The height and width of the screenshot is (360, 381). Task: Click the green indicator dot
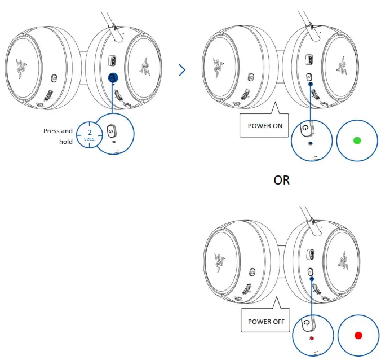[x=356, y=140]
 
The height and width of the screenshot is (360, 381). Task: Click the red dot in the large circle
[x=357, y=335]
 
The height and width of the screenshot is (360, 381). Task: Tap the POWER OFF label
[x=265, y=322]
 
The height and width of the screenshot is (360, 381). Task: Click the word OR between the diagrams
[x=281, y=181]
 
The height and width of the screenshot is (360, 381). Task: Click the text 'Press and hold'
[x=59, y=136]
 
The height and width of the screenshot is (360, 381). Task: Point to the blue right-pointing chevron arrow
[x=181, y=70]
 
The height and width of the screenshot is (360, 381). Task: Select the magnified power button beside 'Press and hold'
[x=111, y=130]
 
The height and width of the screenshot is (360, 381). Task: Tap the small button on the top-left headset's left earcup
[x=54, y=78]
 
